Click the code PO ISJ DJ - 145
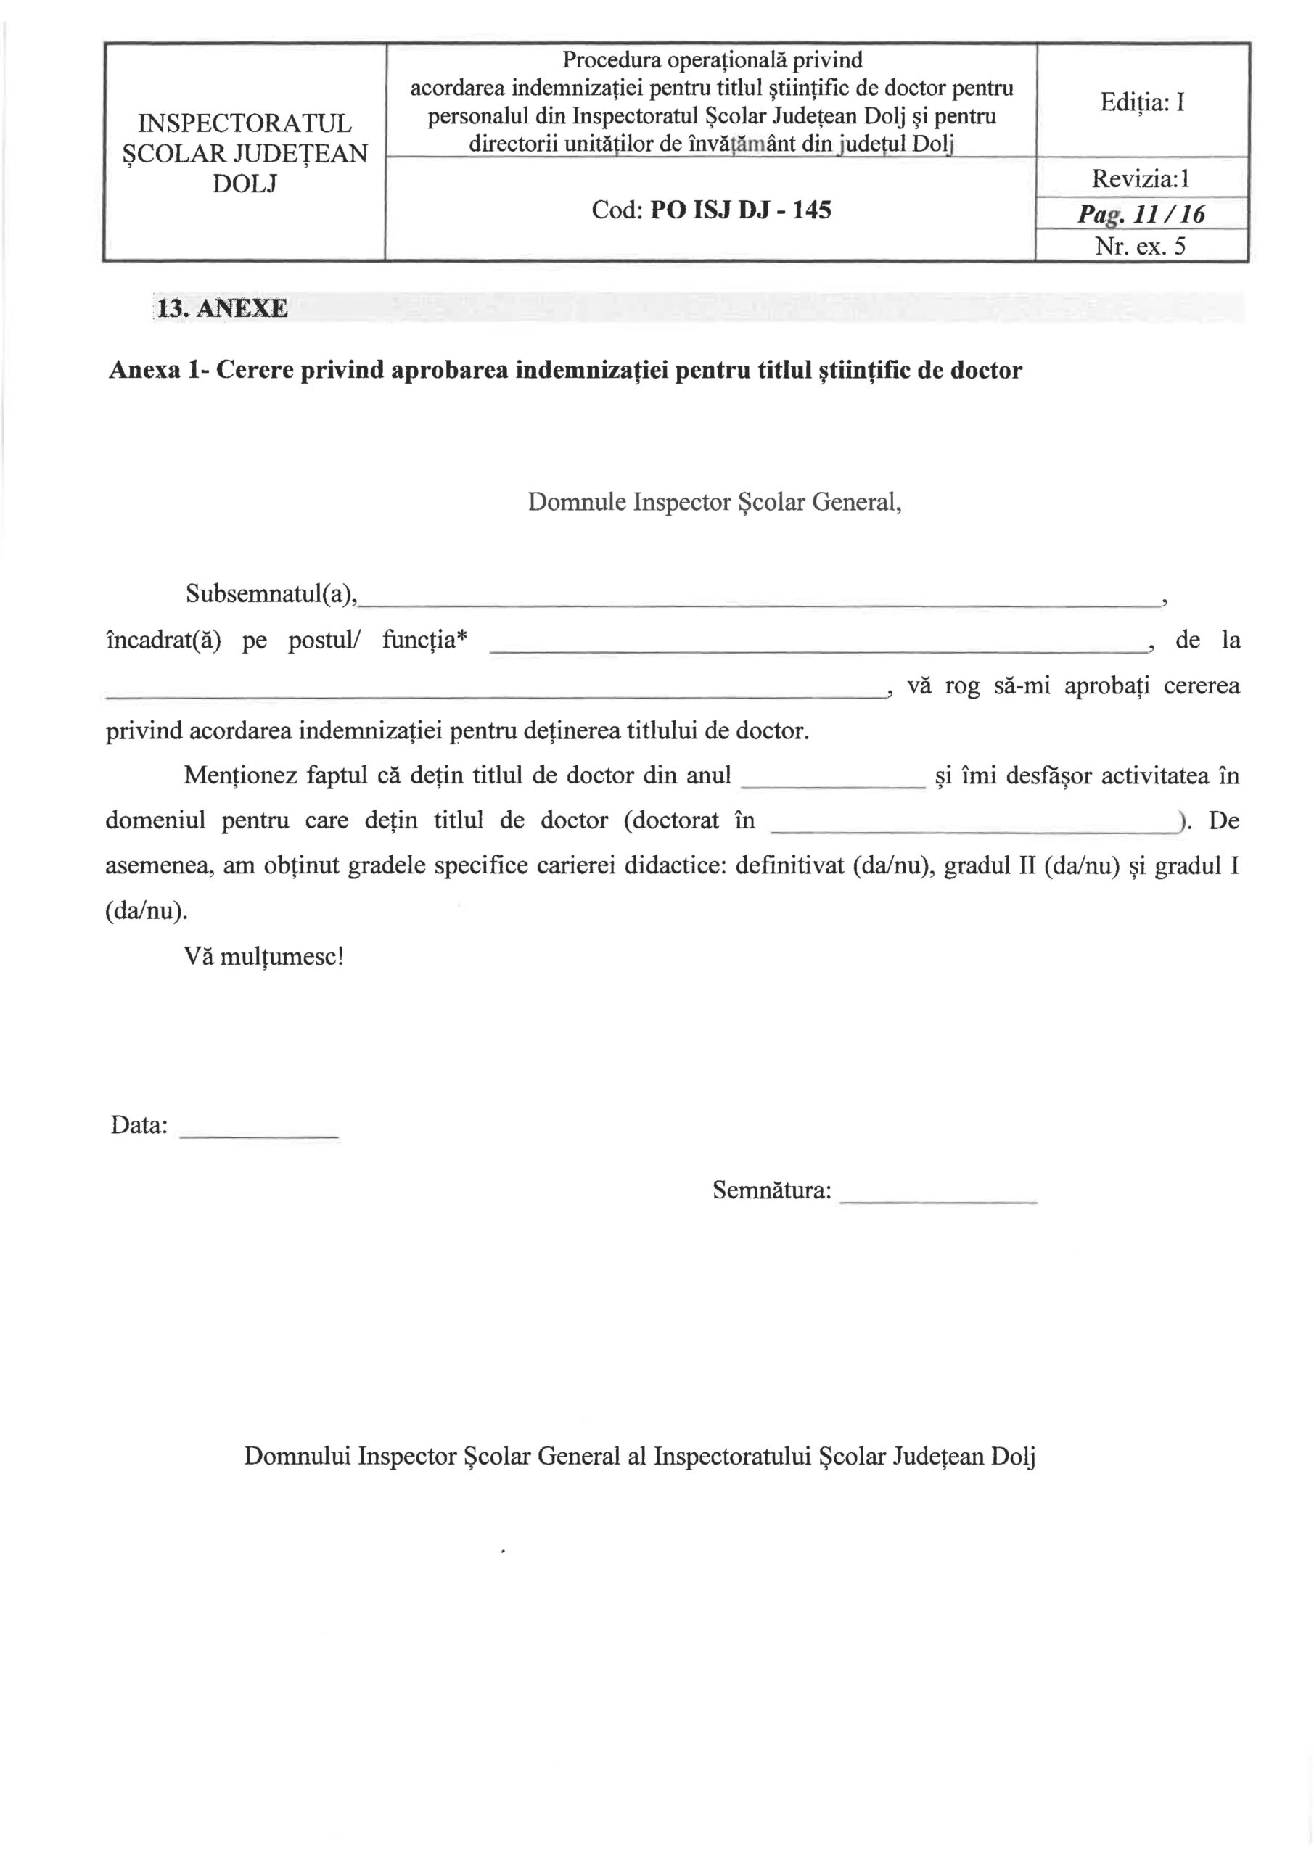click(x=740, y=210)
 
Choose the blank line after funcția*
click(x=817, y=648)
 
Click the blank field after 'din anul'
click(x=834, y=785)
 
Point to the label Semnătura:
click(x=771, y=1190)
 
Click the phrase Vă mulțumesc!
click(x=264, y=957)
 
